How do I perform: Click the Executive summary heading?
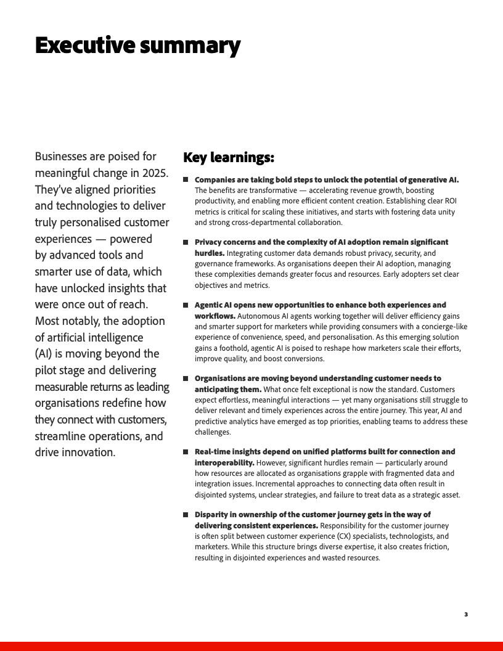pos(137,46)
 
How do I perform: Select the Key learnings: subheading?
pos(229,158)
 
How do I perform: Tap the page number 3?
pos(466,614)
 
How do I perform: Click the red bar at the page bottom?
pos(251,646)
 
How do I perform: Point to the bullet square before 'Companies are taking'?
pos(186,180)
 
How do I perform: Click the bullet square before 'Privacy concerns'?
pos(186,242)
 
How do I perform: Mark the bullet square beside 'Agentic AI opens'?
pos(186,305)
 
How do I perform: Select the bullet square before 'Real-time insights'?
pos(186,452)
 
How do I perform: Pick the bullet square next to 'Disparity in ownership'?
pos(186,515)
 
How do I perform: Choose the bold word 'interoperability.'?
pos(224,462)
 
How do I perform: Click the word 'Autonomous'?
pos(260,316)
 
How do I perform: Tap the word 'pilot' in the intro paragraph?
pos(50,371)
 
